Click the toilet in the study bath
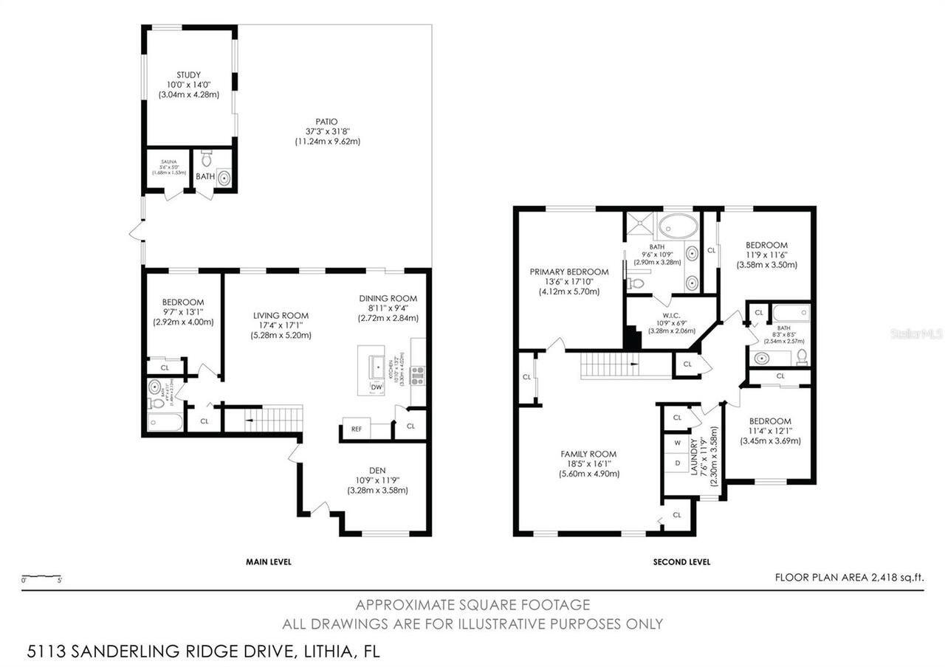[x=207, y=157]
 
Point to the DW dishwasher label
[x=377, y=387]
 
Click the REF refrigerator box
[x=356, y=429]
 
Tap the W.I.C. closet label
[x=661, y=321]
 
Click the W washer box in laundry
[x=676, y=443]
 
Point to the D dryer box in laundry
[x=676, y=463]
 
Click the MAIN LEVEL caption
[x=268, y=561]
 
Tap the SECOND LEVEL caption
[x=681, y=561]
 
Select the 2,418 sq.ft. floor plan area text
[x=849, y=578]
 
